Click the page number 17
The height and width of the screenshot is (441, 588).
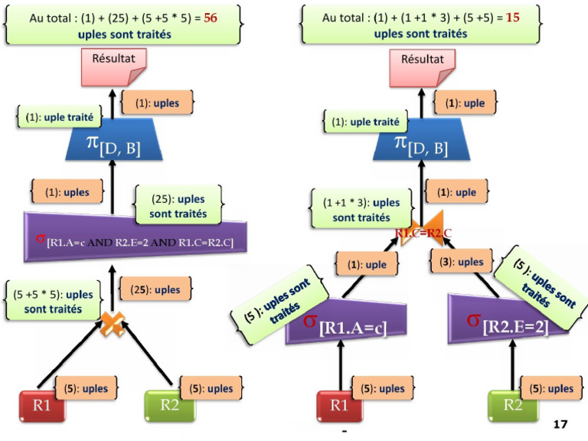(x=560, y=423)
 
